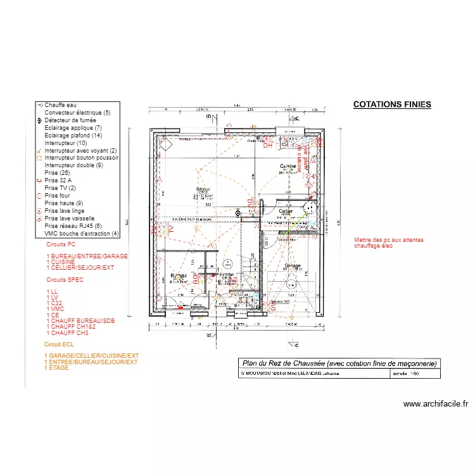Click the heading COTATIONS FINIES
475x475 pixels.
391,104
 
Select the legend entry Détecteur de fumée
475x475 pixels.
69,120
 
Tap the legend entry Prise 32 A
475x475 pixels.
58,180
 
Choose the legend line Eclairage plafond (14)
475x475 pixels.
73,136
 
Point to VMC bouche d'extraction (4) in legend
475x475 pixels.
81,234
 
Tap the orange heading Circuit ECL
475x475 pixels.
60,344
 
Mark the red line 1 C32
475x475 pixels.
55,303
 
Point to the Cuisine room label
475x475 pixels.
289,166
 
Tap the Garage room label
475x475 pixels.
292,266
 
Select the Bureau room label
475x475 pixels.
179,275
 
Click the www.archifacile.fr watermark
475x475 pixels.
435,404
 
